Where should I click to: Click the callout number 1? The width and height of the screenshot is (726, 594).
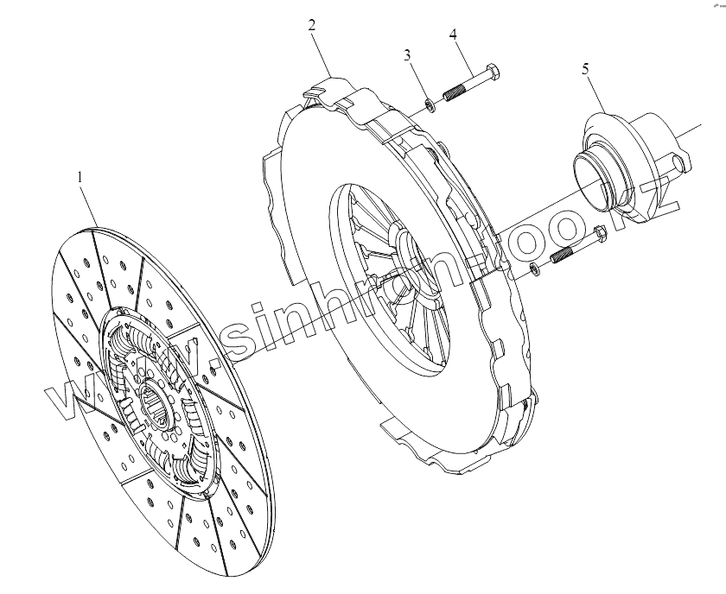[80, 177]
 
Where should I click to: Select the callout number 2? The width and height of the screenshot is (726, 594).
[312, 24]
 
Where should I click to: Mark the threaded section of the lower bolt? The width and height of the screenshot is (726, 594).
[565, 254]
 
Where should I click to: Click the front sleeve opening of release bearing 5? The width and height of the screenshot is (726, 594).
[600, 178]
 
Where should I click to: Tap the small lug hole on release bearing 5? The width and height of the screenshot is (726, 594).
[680, 161]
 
